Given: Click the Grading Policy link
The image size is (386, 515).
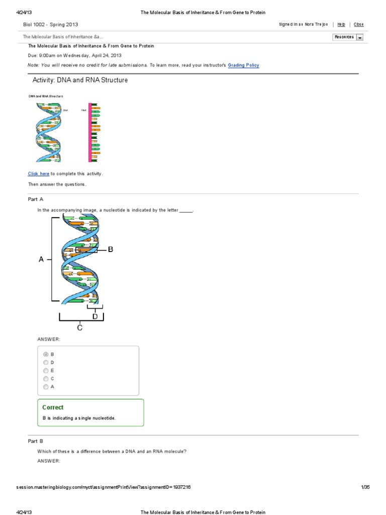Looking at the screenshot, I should (244, 65).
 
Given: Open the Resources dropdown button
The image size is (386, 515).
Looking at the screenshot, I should (348, 37).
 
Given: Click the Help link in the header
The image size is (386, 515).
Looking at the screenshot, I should (341, 24).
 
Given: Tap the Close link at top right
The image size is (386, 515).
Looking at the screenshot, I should (358, 24).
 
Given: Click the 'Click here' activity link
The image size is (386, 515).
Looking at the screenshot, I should (39, 174).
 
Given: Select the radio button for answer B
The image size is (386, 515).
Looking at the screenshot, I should (46, 354).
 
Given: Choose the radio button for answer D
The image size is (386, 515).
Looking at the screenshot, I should (46, 362).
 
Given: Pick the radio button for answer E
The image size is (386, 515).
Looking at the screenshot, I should (46, 370).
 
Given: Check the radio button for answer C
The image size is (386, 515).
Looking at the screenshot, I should (46, 378).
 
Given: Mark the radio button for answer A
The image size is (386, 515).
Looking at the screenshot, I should (46, 387).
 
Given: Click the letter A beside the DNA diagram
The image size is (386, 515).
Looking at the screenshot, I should (41, 260).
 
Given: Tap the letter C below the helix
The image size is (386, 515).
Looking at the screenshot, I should (79, 327).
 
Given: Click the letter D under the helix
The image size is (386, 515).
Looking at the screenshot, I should (95, 316).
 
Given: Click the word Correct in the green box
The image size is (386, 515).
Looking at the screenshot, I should (53, 407).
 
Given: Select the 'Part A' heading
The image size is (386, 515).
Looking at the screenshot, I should (36, 199).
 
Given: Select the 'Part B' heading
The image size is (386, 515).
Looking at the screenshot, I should (36, 441).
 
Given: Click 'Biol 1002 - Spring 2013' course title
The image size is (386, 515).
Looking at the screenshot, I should (51, 24).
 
